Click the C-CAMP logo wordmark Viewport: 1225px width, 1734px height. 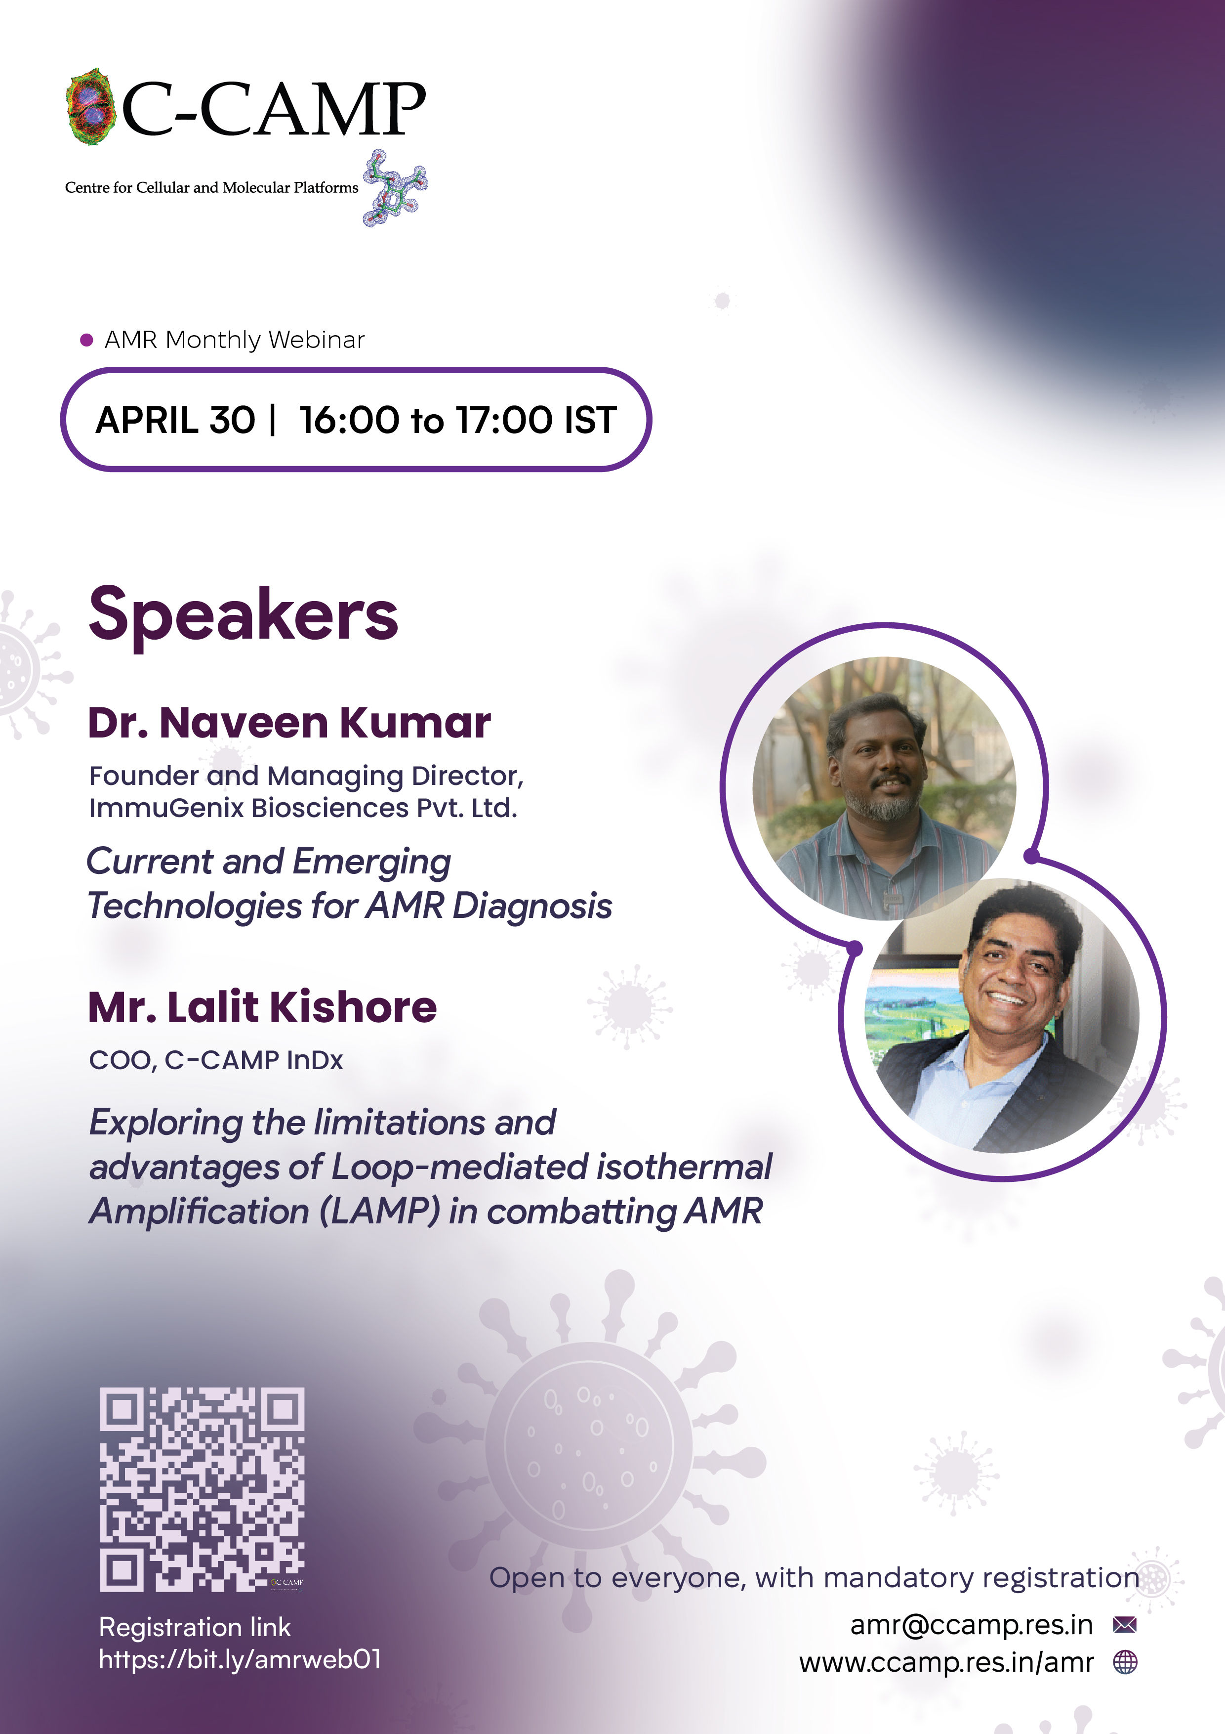[x=273, y=110]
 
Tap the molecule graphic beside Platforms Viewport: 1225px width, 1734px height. [x=395, y=188]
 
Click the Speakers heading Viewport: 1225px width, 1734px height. [x=243, y=615]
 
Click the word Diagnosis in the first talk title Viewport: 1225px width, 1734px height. [x=532, y=906]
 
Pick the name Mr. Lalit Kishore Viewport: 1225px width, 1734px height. [x=262, y=1007]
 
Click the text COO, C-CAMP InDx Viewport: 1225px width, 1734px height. [x=216, y=1060]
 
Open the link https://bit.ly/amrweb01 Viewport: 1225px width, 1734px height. [x=240, y=1659]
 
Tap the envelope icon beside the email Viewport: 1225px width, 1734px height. [x=1125, y=1624]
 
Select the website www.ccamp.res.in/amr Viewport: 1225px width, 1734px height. [x=946, y=1662]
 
